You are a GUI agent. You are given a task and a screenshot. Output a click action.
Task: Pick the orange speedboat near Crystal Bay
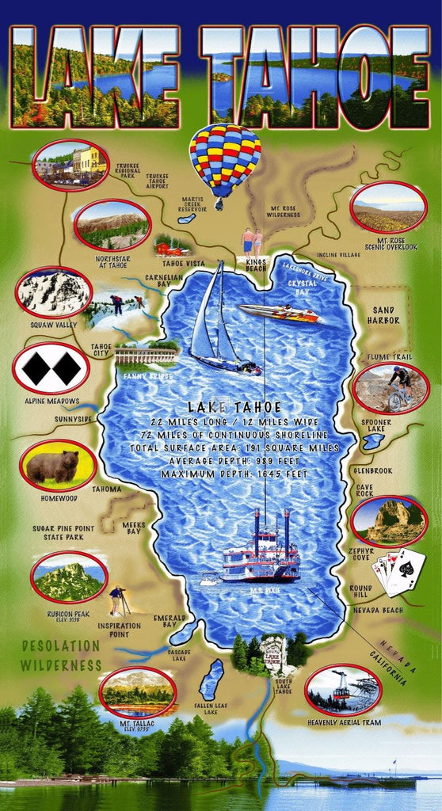coord(279,314)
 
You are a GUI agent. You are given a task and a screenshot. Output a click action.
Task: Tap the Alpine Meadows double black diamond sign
coord(51,367)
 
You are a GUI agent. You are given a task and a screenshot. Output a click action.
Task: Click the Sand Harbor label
coord(385,314)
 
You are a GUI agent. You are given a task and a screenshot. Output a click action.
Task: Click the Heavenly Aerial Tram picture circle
coord(343,689)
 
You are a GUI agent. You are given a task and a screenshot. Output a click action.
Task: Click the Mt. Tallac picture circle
coord(137,691)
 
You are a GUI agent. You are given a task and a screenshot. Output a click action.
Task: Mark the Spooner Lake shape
coord(372,440)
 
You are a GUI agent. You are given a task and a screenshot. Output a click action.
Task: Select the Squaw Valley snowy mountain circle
coord(53,292)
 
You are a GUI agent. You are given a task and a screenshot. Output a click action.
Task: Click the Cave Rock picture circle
coord(388,520)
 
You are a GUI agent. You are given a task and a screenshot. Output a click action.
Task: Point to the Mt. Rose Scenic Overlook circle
coord(387,208)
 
